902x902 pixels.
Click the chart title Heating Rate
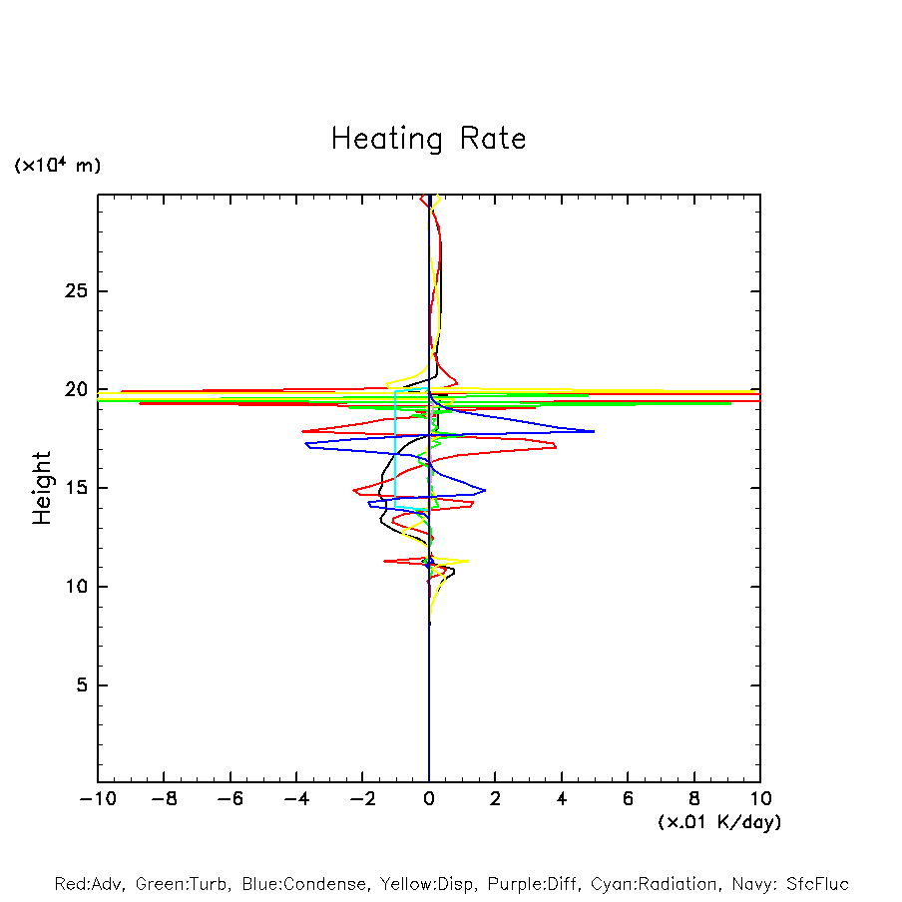pyautogui.click(x=428, y=139)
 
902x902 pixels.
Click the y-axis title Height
pyautogui.click(x=41, y=488)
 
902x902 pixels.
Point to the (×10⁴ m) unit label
pyautogui.click(x=57, y=166)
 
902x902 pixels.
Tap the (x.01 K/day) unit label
pyautogui.click(x=718, y=822)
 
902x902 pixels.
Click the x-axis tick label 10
pyautogui.click(x=759, y=800)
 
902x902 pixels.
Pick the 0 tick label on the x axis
pyautogui.click(x=429, y=800)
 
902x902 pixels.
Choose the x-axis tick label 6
pyautogui.click(x=628, y=800)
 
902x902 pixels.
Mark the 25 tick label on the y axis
pyautogui.click(x=74, y=291)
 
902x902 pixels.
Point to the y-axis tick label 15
pyautogui.click(x=74, y=488)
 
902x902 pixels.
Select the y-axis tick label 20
pyautogui.click(x=74, y=390)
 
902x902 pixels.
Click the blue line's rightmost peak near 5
pyautogui.click(x=594, y=431)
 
